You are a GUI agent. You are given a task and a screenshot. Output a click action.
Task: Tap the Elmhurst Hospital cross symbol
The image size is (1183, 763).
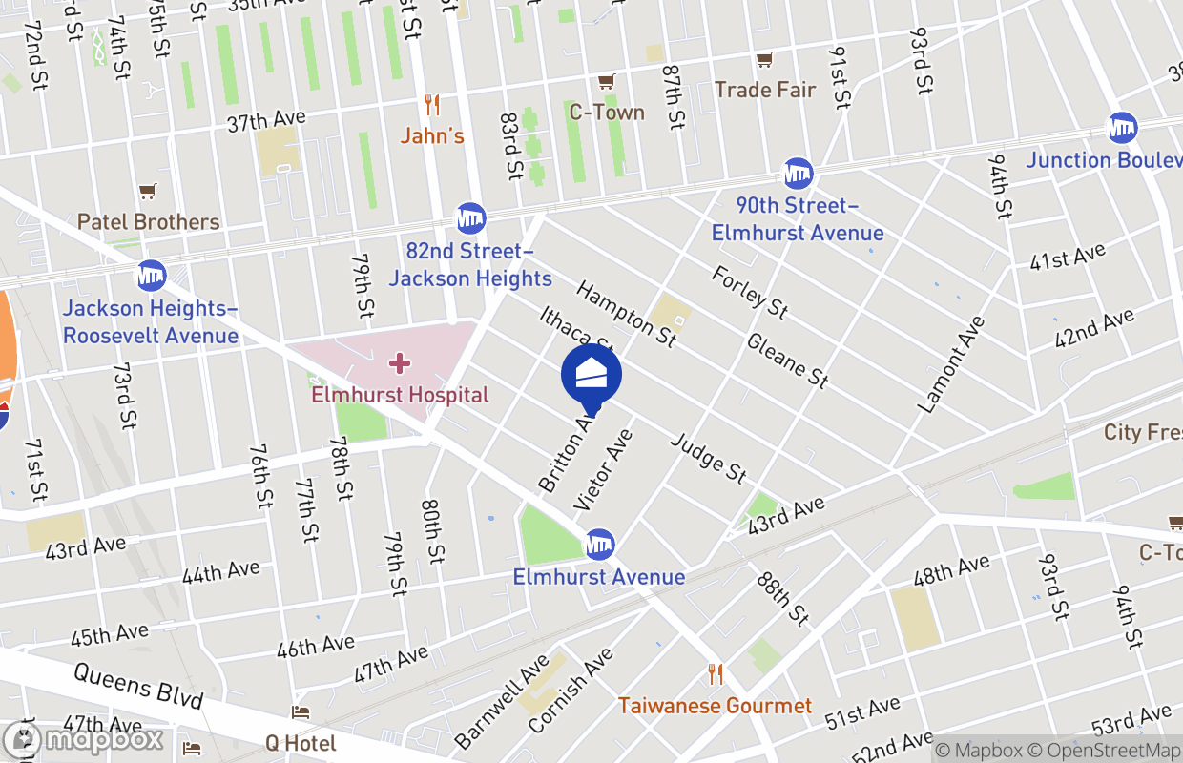400,363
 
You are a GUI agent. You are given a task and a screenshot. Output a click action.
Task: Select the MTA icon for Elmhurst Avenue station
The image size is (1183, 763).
599,545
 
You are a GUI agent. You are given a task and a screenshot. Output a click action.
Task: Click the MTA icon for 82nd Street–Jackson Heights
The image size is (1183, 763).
470,218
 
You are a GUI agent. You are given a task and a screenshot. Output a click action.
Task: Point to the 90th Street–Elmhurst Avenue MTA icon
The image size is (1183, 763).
798,174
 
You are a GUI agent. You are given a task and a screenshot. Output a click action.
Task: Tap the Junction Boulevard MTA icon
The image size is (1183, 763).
1122,128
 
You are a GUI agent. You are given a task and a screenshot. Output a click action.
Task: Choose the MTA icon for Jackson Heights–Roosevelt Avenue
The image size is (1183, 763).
151,276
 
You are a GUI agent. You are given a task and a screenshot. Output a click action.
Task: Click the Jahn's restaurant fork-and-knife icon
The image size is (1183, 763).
432,105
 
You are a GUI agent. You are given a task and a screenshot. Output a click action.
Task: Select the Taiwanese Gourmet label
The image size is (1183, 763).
715,706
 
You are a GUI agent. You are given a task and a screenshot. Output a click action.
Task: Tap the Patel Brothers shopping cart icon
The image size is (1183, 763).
148,192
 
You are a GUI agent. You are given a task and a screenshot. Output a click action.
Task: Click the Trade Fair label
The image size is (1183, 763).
765,90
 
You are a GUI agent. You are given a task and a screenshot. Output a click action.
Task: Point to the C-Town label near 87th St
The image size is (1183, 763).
607,113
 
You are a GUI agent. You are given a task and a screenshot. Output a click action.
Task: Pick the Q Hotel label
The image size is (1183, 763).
301,742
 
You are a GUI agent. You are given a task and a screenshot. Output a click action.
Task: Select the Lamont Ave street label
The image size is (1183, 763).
950,364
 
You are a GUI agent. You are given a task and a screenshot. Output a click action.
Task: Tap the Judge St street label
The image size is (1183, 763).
708,457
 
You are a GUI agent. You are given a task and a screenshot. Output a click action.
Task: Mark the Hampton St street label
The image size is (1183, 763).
627,313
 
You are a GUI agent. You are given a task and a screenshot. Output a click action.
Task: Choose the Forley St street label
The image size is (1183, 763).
750,291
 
